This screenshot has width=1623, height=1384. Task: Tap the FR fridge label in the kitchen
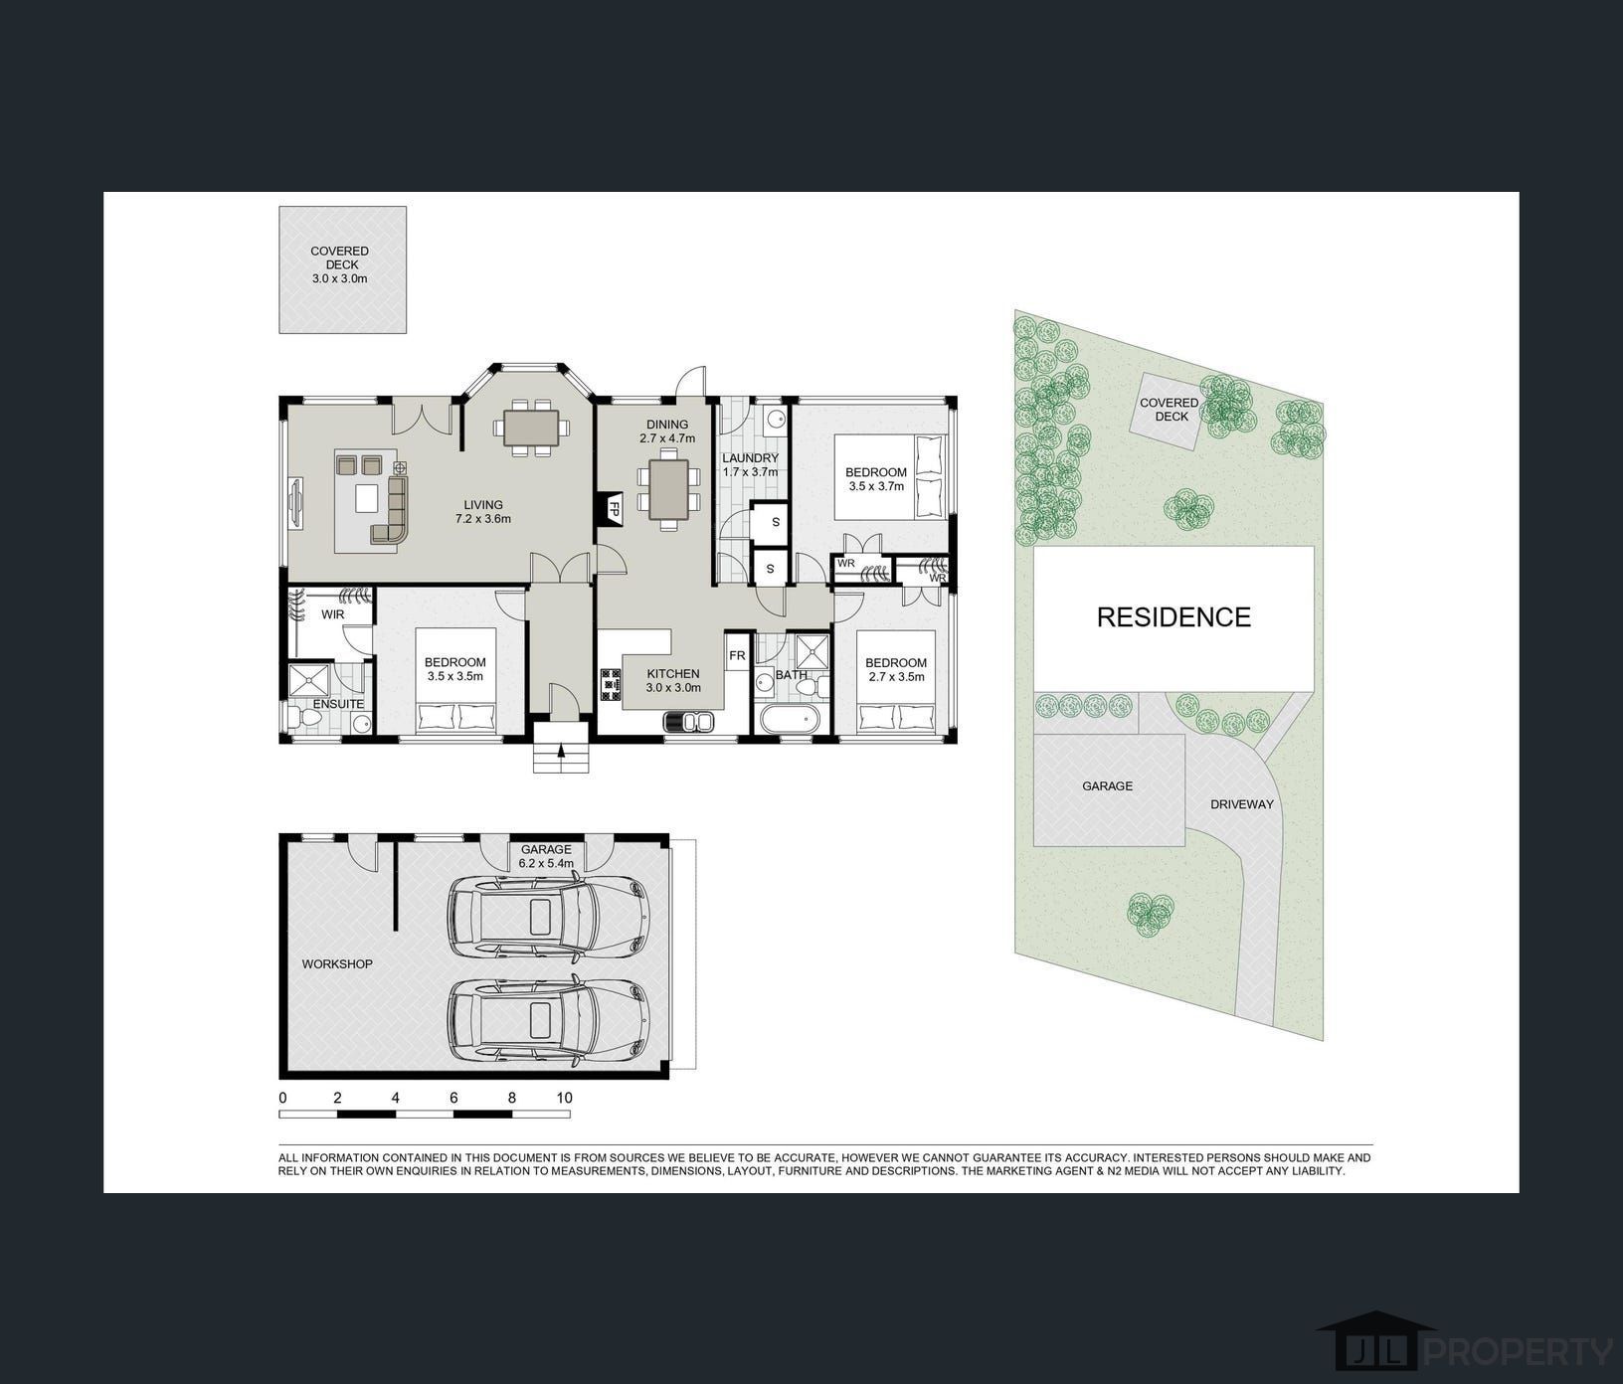tap(737, 656)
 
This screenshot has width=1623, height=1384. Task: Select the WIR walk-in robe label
tap(332, 615)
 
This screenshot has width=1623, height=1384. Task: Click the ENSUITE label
tap(338, 704)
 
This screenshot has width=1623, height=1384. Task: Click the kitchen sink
tap(689, 721)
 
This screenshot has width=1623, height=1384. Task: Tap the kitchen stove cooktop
tap(610, 685)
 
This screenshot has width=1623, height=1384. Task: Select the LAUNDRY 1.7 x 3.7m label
tap(750, 465)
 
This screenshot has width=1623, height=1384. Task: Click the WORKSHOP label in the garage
tap(337, 964)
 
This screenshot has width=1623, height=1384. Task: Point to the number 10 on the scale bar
tap(564, 1099)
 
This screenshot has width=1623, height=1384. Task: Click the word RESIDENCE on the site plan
tap(1173, 617)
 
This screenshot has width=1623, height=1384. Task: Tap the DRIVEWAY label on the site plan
tap(1241, 804)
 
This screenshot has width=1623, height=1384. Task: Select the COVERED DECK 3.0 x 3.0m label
tap(339, 265)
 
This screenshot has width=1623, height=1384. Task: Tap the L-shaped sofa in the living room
tap(391, 510)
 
